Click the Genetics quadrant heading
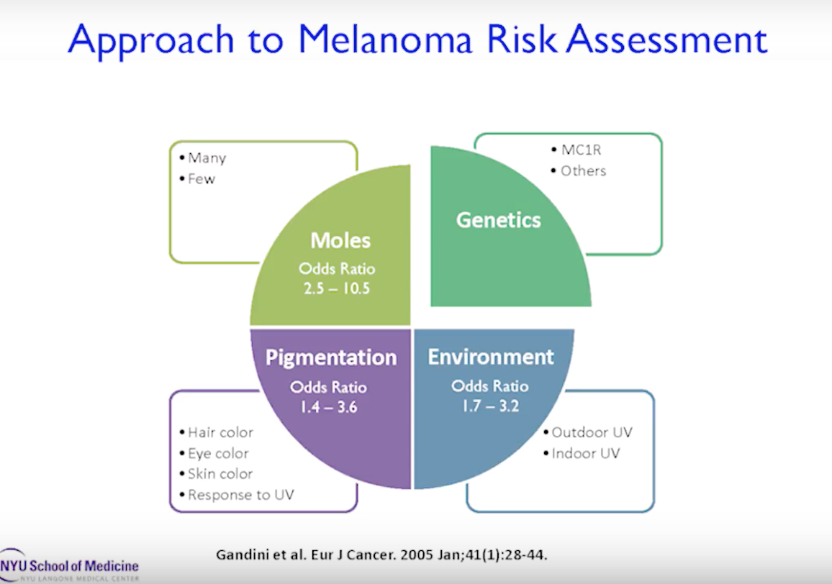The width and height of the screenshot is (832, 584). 498,219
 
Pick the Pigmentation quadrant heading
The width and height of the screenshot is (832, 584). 330,357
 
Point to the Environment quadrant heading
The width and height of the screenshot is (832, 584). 491,357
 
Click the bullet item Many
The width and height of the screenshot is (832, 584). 207,158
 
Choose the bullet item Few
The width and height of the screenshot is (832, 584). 201,178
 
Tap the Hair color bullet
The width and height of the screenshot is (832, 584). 220,433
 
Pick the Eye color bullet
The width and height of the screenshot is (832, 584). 218,454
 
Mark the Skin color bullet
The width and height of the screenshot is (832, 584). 220,474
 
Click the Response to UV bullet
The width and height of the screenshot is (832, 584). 240,495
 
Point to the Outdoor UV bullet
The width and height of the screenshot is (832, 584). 592,433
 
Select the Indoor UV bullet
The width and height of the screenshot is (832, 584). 585,454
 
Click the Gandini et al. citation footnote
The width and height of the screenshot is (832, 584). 386,555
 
